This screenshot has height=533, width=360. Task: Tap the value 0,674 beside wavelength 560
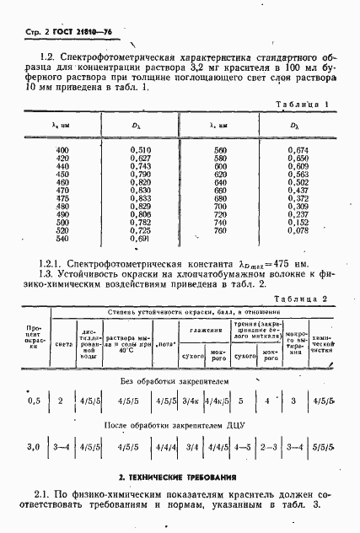click(x=298, y=150)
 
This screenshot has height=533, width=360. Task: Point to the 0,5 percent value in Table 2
click(x=35, y=401)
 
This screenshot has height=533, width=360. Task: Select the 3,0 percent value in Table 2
click(x=35, y=446)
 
